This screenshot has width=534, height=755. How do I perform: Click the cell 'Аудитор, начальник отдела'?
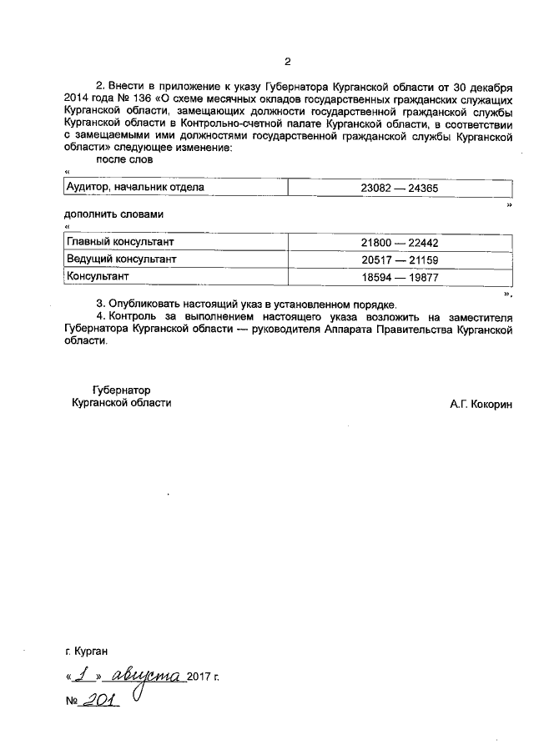point(134,188)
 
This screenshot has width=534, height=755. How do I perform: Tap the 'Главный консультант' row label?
point(120,242)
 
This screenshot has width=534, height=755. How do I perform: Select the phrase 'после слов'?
point(124,159)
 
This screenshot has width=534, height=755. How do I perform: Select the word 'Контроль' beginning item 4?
point(135,317)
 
